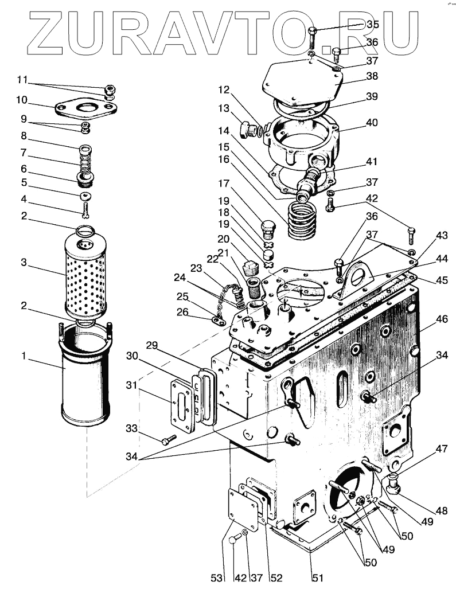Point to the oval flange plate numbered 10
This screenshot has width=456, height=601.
pos(85,109)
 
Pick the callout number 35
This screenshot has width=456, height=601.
pos(372,25)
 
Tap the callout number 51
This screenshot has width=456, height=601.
pos(318,578)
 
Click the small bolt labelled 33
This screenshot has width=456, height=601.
pos(168,440)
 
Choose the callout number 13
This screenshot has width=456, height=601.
pos(223,108)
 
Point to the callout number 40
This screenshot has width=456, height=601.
pos(372,122)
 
